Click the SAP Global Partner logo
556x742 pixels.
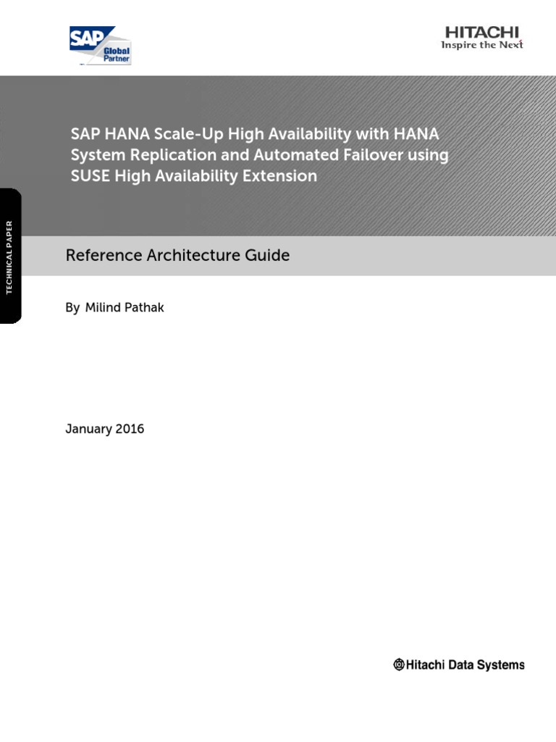(100, 45)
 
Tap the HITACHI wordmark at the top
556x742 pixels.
(482, 33)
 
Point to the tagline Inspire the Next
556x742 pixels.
(482, 46)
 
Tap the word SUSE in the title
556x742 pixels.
(90, 176)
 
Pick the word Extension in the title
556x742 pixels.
(280, 176)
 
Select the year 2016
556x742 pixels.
(130, 429)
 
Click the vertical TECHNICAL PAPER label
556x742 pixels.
(9, 256)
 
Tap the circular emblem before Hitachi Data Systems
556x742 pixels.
(399, 664)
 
